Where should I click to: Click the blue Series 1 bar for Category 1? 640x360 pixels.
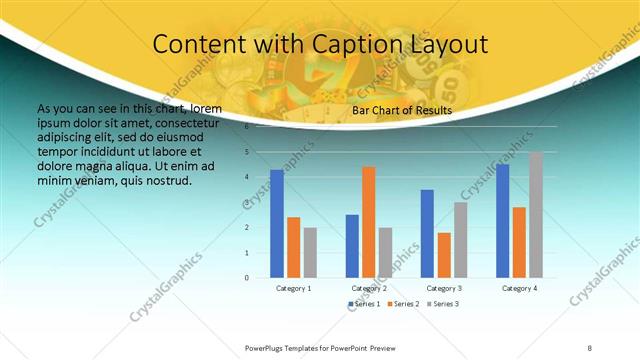[x=277, y=223]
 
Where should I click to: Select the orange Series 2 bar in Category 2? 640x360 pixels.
[x=369, y=222]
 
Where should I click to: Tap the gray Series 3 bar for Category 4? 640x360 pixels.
[x=536, y=215]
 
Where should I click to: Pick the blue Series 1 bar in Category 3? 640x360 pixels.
[x=427, y=233]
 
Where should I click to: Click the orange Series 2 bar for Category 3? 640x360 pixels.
[x=444, y=255]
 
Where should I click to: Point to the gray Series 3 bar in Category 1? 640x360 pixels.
[x=310, y=252]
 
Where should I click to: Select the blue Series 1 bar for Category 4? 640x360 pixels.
[x=502, y=220]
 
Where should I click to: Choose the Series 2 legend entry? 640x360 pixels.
[x=405, y=303]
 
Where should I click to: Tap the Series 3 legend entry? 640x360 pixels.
[x=443, y=303]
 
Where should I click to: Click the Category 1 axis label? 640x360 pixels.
[x=294, y=288]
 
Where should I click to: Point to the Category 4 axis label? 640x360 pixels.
[x=519, y=288]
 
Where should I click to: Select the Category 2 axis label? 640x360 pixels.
[x=369, y=288]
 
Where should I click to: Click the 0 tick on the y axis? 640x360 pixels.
[x=247, y=278]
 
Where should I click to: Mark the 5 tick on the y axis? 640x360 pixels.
[x=247, y=152]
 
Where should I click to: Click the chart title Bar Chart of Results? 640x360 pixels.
[x=402, y=110]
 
